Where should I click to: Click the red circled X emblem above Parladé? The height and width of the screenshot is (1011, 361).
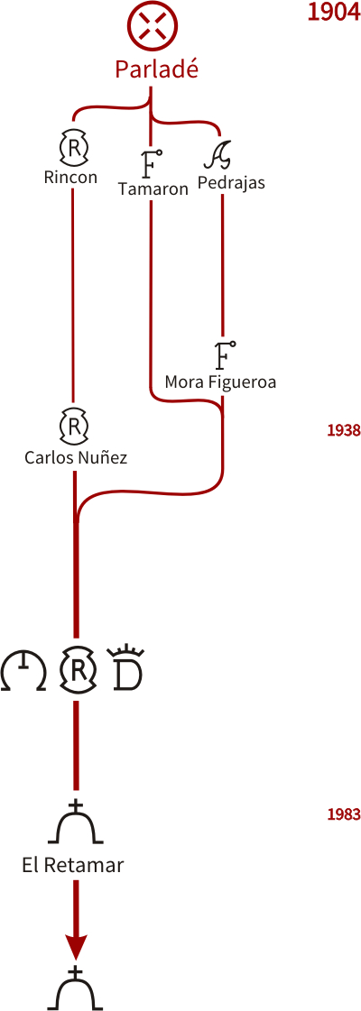[x=152, y=26]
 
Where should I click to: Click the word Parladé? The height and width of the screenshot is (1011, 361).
[x=156, y=69]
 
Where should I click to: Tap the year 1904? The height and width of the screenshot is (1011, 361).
[x=333, y=13]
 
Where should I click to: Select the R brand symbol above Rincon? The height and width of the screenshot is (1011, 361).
[x=73, y=148]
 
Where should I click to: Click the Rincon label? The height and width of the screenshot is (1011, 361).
[x=71, y=177]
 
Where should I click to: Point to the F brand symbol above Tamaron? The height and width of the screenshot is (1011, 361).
[x=151, y=164]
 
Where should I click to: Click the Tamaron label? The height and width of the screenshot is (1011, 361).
[x=153, y=188]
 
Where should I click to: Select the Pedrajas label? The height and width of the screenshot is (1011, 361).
[x=231, y=183]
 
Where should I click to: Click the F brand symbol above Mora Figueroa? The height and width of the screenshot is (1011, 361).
[x=225, y=354]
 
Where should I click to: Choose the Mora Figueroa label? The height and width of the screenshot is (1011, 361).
[x=220, y=382]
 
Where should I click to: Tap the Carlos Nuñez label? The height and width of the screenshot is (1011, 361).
[x=76, y=458]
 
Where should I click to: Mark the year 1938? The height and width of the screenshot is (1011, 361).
[x=343, y=430]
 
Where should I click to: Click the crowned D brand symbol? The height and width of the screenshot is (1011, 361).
[x=125, y=668]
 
